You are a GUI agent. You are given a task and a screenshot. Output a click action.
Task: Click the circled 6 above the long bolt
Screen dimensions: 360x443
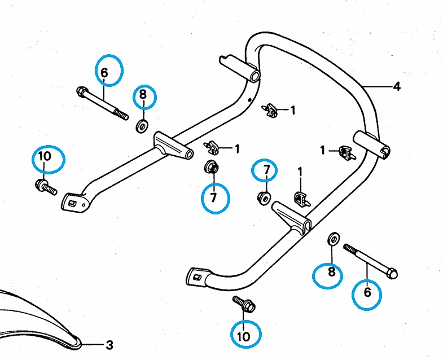tap(108, 71)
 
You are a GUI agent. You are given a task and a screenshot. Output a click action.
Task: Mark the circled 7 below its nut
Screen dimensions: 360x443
tap(213, 197)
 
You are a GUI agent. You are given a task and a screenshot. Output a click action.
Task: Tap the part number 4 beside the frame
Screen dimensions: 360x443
tap(397, 86)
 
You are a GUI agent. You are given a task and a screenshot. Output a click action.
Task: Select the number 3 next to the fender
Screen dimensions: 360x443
tap(109, 344)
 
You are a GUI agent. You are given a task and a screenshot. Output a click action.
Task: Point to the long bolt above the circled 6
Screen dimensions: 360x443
tap(371, 261)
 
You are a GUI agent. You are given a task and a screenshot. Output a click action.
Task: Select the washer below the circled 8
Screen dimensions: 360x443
tap(141, 124)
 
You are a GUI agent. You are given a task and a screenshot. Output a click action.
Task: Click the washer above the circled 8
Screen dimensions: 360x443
tap(333, 238)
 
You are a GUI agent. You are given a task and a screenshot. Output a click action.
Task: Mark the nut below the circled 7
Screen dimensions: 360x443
tap(263, 197)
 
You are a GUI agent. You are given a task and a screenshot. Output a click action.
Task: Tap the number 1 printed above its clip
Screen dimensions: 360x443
tap(300, 171)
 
